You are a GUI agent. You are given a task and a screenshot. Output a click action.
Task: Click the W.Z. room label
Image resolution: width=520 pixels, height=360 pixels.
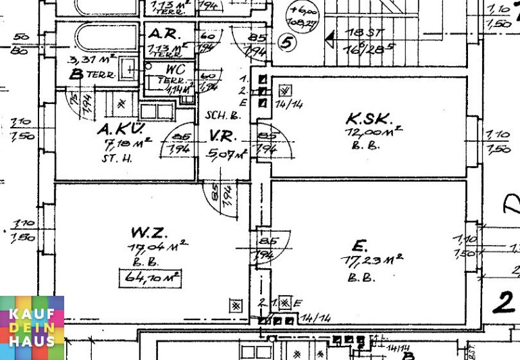click(x=149, y=234)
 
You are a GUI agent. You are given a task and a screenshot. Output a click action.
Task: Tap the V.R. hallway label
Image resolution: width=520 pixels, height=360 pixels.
click(x=222, y=135)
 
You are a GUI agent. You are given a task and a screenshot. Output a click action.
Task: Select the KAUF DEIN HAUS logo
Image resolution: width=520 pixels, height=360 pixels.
click(x=32, y=328)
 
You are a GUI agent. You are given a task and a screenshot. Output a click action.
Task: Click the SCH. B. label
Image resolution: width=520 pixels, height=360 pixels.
click(x=224, y=115)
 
